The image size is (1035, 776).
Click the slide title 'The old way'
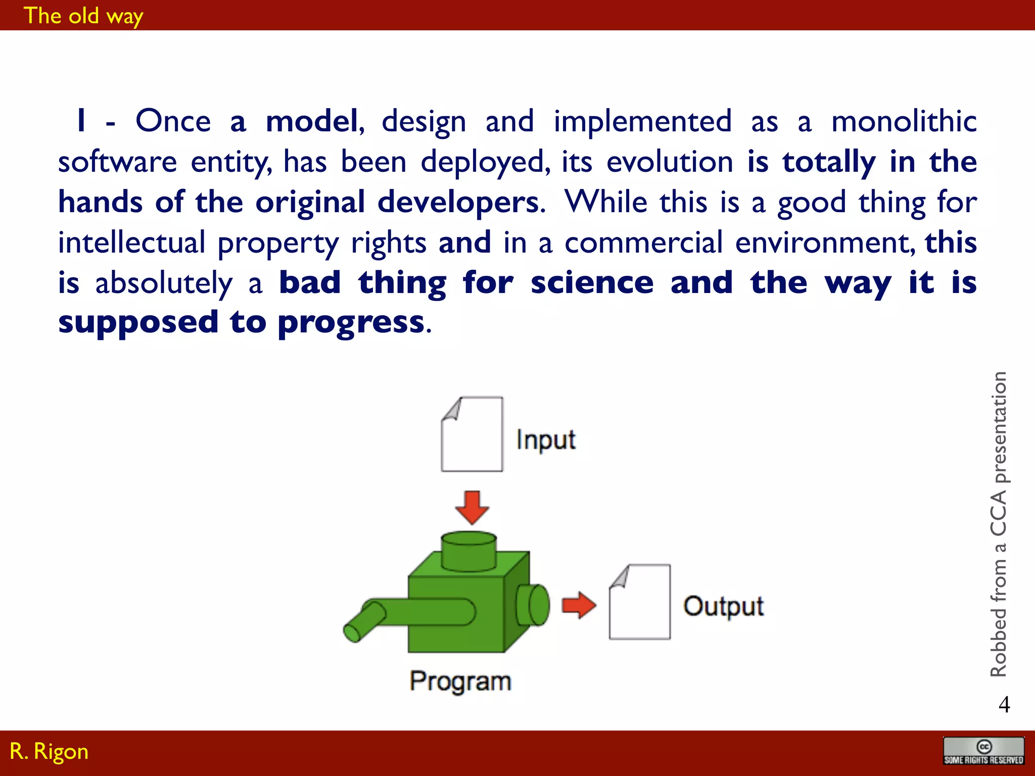(x=83, y=16)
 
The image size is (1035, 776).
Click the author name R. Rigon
(x=49, y=751)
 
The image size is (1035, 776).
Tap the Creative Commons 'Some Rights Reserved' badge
(x=983, y=751)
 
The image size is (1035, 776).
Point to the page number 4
(x=1004, y=704)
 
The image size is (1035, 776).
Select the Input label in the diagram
(x=545, y=440)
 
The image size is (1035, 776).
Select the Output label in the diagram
(x=723, y=606)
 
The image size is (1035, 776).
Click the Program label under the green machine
(x=460, y=681)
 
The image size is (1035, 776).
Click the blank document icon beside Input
(x=472, y=434)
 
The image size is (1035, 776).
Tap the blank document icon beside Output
(x=640, y=602)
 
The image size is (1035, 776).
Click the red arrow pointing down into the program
(x=472, y=507)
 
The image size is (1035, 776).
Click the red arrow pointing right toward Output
(x=579, y=605)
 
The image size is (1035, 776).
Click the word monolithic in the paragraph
(x=904, y=121)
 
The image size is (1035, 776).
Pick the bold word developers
(x=458, y=202)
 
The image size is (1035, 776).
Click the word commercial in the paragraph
(x=643, y=243)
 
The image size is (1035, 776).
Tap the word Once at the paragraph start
(x=173, y=121)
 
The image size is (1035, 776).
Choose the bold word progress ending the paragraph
(x=351, y=322)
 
